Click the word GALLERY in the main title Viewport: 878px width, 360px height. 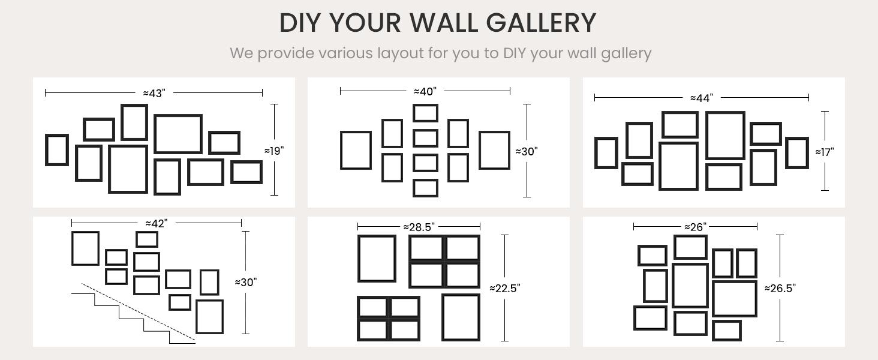point(541,22)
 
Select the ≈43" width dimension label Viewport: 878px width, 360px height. point(154,94)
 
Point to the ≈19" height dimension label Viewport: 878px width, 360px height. point(274,151)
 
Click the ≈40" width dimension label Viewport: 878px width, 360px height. point(425,91)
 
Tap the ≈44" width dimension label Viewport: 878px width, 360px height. point(702,98)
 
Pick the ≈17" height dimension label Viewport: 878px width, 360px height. point(825,152)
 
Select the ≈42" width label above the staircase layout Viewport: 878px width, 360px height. point(157,224)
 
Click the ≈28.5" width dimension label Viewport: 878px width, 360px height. point(419,227)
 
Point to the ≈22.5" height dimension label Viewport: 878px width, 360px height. point(505,288)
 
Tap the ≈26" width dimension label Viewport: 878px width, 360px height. point(695,227)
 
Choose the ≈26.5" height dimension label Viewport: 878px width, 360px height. point(780,288)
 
